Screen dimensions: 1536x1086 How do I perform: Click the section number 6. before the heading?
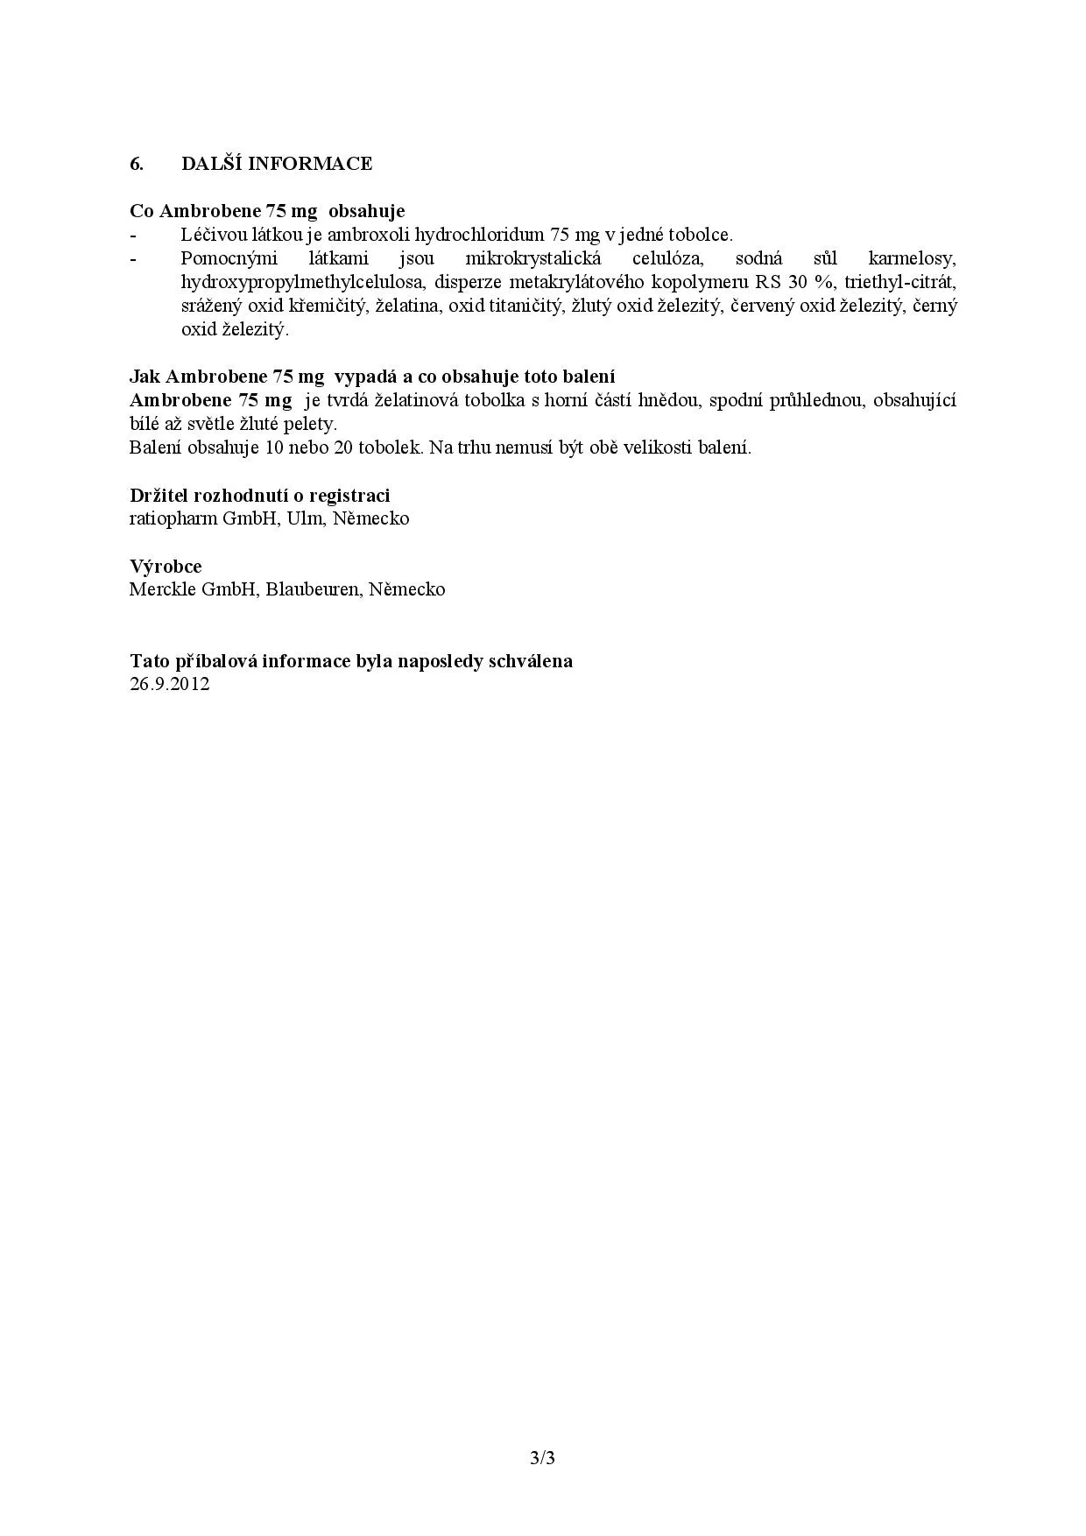point(136,164)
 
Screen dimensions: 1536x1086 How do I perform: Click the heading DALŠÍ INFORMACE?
point(277,164)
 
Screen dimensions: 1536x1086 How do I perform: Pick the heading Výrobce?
point(166,566)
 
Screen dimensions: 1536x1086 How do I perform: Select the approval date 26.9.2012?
point(170,684)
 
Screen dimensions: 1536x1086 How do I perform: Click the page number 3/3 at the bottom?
point(543,1458)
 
